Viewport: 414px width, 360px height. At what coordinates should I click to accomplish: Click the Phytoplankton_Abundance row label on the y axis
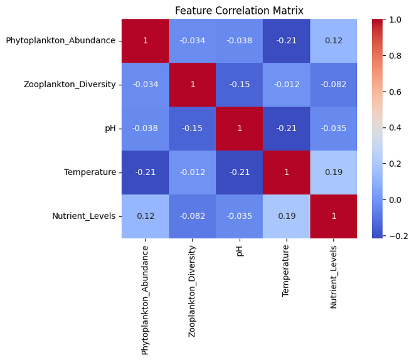[x=60, y=41]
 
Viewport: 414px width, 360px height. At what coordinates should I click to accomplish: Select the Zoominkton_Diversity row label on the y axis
[x=69, y=85]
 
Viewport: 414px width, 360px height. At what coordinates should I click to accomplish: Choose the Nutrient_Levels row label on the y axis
[x=83, y=216]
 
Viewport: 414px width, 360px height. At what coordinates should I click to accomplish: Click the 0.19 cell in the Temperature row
[x=334, y=172]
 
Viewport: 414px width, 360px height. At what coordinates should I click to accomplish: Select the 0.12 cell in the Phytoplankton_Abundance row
[x=334, y=41]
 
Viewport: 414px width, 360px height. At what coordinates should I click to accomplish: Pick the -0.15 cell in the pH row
[x=193, y=129]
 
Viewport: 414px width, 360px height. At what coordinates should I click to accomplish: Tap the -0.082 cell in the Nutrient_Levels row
[x=193, y=216]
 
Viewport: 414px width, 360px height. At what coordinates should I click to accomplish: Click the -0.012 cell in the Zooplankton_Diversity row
[x=287, y=85]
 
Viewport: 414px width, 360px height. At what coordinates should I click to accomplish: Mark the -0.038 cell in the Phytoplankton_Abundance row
[x=240, y=41]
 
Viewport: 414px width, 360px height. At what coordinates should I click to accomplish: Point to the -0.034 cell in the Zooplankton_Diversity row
[x=146, y=85]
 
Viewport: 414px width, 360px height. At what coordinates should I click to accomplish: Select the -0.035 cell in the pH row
[x=334, y=129]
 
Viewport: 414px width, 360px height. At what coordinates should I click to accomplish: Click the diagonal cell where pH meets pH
[x=240, y=129]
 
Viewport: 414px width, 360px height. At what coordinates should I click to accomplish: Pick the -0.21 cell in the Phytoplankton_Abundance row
[x=287, y=41]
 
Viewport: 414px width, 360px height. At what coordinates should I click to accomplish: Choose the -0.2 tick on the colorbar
[x=396, y=235]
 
